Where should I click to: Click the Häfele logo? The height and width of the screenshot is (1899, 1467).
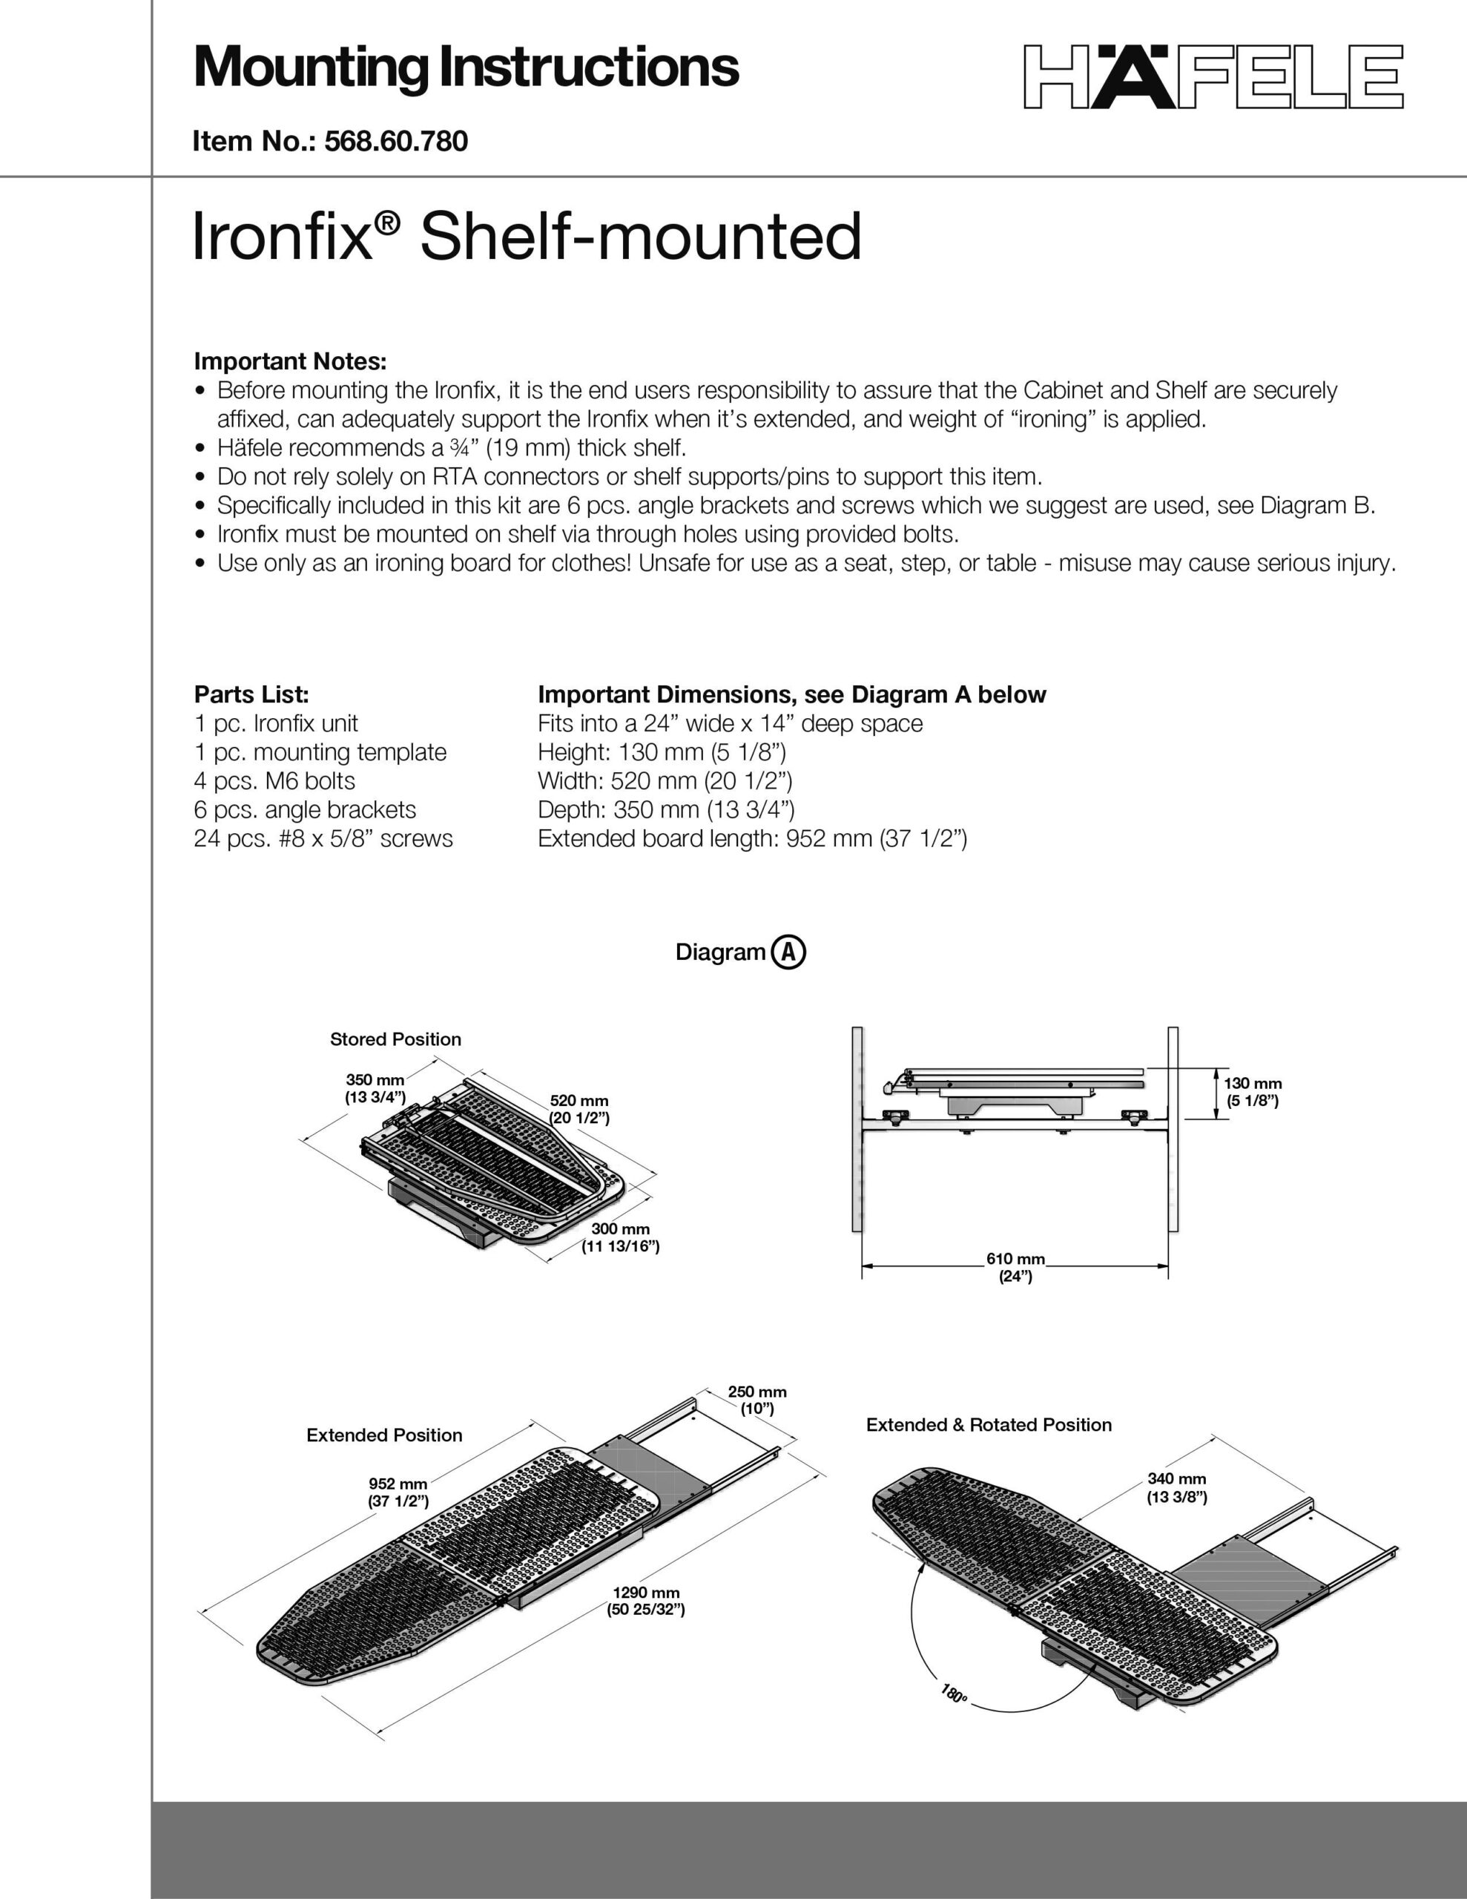(1213, 76)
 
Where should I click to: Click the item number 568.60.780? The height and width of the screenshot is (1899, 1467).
(395, 141)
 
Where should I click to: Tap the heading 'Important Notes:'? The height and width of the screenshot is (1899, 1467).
(289, 361)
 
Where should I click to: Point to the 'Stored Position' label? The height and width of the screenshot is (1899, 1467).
(395, 1039)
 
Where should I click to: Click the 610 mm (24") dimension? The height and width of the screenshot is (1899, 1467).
(1015, 1267)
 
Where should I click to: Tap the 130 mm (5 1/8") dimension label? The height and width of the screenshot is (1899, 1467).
(1252, 1092)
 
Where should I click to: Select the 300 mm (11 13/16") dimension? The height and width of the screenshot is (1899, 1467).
(620, 1238)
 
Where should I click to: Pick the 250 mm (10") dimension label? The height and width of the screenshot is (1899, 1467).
(756, 1400)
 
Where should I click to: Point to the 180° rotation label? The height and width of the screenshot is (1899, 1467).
(953, 1694)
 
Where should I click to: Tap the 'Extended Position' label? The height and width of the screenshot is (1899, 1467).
(384, 1435)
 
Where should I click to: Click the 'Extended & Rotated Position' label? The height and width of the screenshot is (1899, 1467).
(989, 1425)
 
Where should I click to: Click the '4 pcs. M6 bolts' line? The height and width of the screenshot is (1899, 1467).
(275, 781)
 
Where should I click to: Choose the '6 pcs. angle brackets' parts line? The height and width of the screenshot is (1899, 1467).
(306, 809)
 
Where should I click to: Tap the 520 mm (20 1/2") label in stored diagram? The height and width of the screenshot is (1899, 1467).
(579, 1110)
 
